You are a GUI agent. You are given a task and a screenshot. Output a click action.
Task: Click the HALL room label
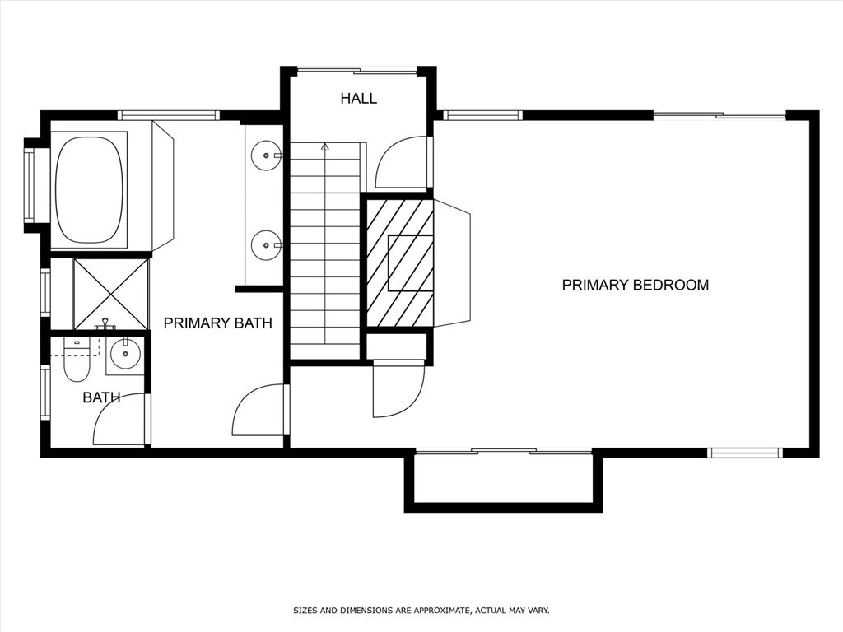[359, 99]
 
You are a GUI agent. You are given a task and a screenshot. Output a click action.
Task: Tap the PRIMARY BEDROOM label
[635, 286]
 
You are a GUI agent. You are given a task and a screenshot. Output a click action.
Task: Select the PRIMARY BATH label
[217, 323]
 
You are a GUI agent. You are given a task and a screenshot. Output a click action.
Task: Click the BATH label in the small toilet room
[101, 397]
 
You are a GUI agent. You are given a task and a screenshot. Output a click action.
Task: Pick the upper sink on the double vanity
[266, 155]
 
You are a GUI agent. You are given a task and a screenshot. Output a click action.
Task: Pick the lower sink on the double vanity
[266, 244]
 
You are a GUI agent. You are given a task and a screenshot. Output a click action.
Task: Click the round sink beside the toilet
[125, 355]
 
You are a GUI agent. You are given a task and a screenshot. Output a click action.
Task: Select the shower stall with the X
[111, 294]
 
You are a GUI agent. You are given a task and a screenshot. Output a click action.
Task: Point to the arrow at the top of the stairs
[325, 147]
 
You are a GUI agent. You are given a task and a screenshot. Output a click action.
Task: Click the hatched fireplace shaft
[399, 262]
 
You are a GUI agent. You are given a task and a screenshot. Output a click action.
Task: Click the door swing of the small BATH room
[121, 421]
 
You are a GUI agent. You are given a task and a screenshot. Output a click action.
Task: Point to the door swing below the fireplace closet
[398, 390]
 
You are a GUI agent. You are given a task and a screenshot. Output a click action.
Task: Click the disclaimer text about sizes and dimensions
[421, 611]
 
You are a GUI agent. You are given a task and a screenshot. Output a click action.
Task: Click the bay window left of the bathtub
[30, 185]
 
